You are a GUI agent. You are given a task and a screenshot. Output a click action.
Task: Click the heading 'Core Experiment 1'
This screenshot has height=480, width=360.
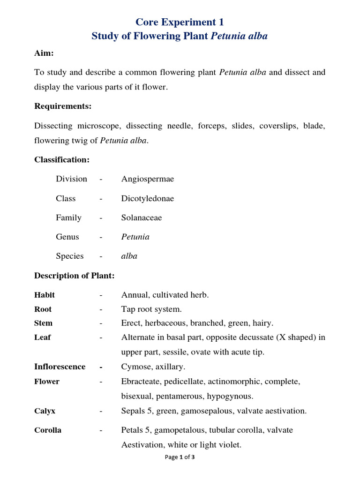180,22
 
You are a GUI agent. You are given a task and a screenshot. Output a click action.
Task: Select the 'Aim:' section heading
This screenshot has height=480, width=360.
44,53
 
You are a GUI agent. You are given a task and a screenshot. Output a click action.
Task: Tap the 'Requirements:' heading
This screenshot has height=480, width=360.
63,106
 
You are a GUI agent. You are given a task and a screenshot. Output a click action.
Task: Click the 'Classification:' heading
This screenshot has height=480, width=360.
62,160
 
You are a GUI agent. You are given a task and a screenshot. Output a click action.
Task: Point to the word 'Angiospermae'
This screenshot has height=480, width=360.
147,179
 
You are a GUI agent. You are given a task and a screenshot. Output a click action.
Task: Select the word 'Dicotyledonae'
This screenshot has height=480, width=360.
147,198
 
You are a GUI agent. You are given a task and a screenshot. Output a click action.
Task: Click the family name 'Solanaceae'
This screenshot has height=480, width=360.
142,217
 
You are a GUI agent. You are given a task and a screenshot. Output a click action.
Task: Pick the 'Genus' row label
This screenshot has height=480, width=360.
67,237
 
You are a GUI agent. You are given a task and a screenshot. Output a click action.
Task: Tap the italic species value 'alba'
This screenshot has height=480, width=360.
129,256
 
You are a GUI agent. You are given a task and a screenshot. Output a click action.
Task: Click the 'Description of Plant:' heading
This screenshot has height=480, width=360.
74,276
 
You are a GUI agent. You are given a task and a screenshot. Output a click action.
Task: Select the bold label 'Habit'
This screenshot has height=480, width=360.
45,295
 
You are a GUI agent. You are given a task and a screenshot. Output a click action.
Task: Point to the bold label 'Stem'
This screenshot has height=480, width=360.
44,323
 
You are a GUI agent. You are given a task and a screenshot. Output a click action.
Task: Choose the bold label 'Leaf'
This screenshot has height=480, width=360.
43,337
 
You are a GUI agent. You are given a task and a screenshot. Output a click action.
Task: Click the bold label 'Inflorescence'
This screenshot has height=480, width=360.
60,367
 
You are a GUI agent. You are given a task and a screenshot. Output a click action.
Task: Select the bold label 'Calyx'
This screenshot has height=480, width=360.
45,411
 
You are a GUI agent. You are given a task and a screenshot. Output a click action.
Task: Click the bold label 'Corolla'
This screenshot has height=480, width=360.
48,430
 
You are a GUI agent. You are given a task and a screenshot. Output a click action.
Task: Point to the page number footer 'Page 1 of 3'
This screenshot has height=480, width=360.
180,457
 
